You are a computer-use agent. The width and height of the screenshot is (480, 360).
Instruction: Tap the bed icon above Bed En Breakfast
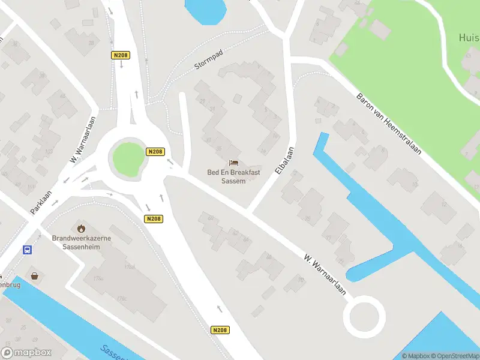pos(234,163)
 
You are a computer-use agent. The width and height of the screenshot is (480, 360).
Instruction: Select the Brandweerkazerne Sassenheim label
pos(81,242)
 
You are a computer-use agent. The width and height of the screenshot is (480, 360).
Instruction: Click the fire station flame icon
pos(81,228)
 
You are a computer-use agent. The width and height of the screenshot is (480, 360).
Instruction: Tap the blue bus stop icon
pos(27,250)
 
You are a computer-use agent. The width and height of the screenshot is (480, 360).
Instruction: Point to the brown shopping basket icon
pos(35,276)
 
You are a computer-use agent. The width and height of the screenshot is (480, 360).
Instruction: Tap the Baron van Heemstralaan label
pos(389,124)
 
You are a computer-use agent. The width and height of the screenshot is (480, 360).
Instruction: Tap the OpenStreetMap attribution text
pos(454,356)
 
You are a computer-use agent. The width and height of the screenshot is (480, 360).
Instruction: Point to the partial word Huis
pos(469,37)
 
